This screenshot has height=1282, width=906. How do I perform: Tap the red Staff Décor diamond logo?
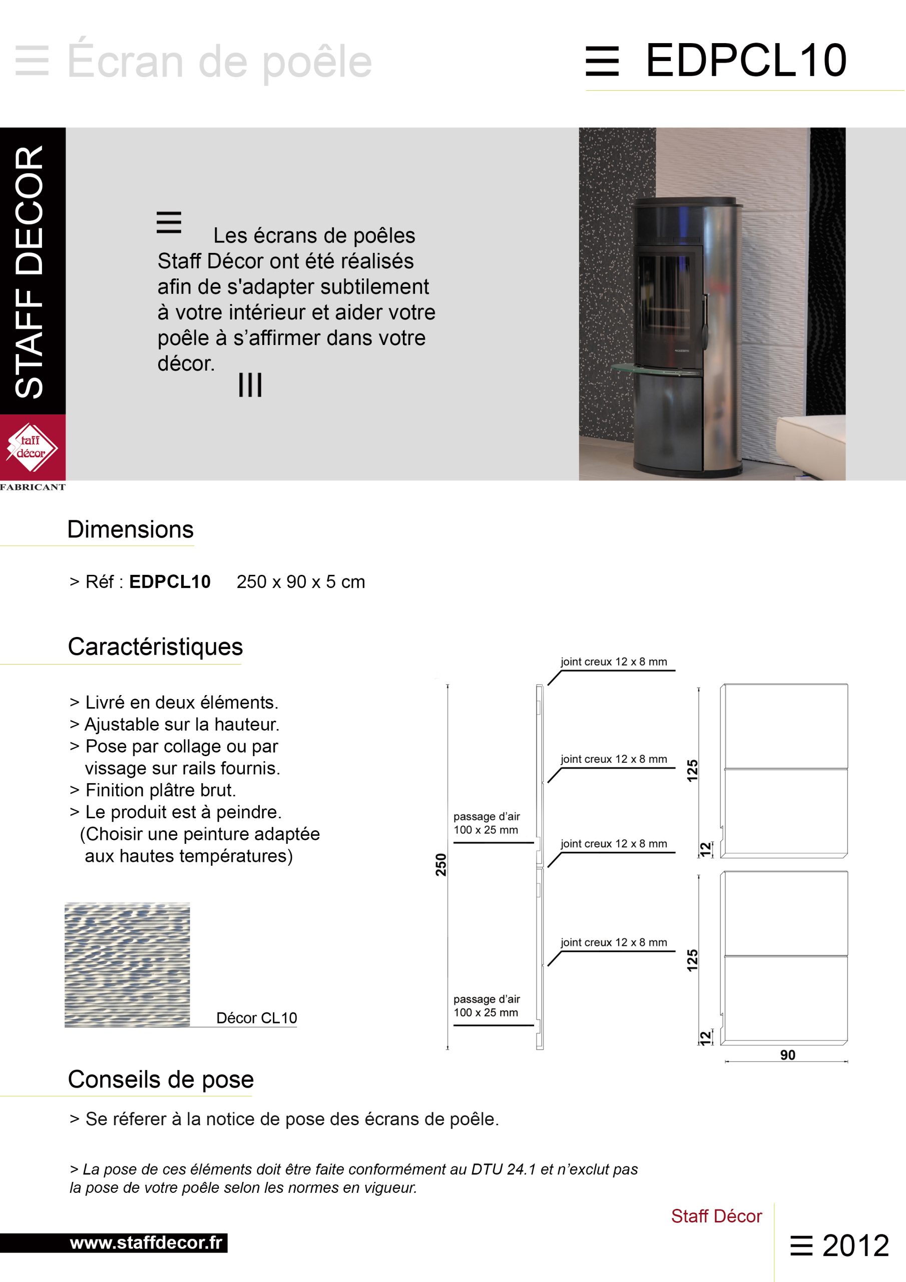(x=32, y=447)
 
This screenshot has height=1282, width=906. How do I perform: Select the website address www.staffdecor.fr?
(x=146, y=1243)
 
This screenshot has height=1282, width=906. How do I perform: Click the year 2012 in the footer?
(x=855, y=1246)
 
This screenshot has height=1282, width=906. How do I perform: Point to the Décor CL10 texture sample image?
(x=127, y=965)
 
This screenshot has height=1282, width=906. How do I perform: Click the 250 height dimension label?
(x=441, y=865)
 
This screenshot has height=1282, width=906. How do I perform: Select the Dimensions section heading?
(x=130, y=529)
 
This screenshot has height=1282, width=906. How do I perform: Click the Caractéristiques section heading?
(x=155, y=647)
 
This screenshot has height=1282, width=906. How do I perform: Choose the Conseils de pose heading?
(x=161, y=1079)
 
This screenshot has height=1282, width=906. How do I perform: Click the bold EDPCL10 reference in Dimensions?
(x=170, y=582)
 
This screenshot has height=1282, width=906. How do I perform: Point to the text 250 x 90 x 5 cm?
(x=300, y=582)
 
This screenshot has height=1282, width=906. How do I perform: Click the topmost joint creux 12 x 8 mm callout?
(x=614, y=662)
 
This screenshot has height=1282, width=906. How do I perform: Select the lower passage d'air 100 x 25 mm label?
(x=486, y=1006)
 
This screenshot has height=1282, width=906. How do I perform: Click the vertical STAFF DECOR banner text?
(x=30, y=271)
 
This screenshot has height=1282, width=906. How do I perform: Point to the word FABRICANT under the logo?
(x=33, y=487)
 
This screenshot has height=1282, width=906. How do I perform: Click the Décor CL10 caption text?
(x=256, y=1018)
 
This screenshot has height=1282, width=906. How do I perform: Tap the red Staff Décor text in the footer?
(x=716, y=1215)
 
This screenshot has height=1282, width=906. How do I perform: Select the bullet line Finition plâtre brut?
(x=160, y=790)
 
